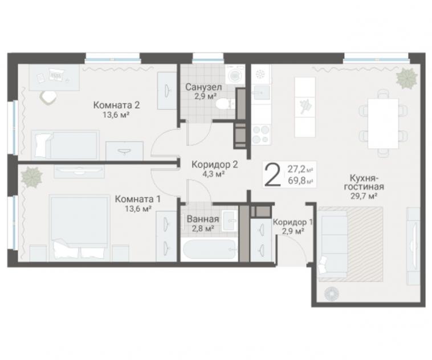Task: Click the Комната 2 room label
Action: [x=116, y=105]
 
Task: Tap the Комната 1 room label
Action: [x=137, y=199]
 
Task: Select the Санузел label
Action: [x=203, y=87]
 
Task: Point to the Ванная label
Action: [x=203, y=219]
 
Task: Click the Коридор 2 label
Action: [x=215, y=165]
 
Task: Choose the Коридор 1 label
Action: [x=293, y=222]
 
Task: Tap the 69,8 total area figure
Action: [x=297, y=181]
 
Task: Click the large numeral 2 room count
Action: [x=272, y=175]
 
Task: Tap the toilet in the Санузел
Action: [x=225, y=104]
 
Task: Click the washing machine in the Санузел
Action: [x=235, y=75]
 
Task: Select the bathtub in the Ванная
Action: [x=209, y=249]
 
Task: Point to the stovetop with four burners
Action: [x=261, y=134]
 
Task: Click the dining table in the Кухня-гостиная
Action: [x=383, y=123]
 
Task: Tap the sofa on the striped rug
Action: [x=333, y=244]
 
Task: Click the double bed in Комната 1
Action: [x=79, y=228]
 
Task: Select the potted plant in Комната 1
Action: [x=32, y=177]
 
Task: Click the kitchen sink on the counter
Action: [x=261, y=92]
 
